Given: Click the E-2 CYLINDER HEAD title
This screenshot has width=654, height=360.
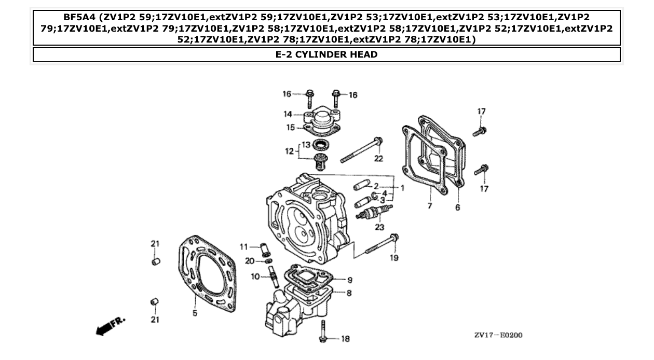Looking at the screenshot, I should click(326, 54).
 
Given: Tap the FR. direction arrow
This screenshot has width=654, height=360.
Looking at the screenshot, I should click(111, 325).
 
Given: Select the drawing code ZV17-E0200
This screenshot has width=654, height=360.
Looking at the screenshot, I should click(498, 335).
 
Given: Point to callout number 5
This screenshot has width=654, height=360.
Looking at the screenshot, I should click(195, 313).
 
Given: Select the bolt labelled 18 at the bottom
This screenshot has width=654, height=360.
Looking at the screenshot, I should click(323, 330).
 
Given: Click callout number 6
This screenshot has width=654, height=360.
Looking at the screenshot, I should click(457, 207).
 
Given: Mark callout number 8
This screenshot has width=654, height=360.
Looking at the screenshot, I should click(349, 293).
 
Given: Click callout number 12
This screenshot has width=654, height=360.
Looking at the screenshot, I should click(289, 151).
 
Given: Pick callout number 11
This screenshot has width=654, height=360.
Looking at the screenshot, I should click(244, 246).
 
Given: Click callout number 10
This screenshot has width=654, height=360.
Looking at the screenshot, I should click(255, 277).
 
